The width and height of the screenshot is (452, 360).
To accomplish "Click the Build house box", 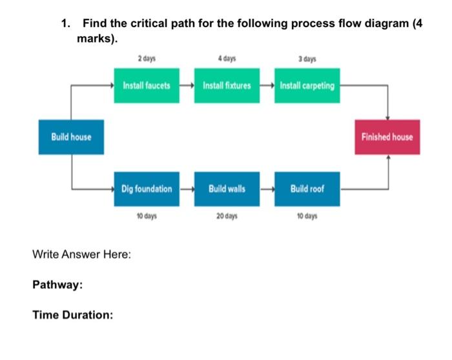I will (x=71, y=137).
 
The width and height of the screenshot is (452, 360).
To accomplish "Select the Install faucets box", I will (x=147, y=85).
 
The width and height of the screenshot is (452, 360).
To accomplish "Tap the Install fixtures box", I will (x=227, y=85).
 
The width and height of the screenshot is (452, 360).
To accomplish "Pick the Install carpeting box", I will (x=307, y=85).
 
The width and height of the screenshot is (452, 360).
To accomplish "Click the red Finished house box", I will (x=387, y=137).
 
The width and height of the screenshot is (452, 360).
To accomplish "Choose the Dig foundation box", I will (x=147, y=189).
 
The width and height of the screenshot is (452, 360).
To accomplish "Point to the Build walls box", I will (x=227, y=189).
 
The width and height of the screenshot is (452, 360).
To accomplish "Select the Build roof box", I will (x=307, y=189).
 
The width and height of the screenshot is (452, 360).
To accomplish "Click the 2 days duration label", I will (x=147, y=59).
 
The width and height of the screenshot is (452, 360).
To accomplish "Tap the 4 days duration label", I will (x=227, y=59).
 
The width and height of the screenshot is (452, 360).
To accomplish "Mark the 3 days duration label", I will (x=307, y=59).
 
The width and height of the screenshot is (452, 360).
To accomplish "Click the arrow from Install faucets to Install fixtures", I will (x=187, y=85).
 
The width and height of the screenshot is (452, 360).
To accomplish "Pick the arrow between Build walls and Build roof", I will (x=267, y=189).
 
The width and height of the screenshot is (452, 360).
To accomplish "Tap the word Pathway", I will (x=57, y=285).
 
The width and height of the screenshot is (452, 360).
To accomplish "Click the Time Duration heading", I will (x=73, y=315).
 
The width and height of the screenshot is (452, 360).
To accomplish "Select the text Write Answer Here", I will (x=81, y=254).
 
